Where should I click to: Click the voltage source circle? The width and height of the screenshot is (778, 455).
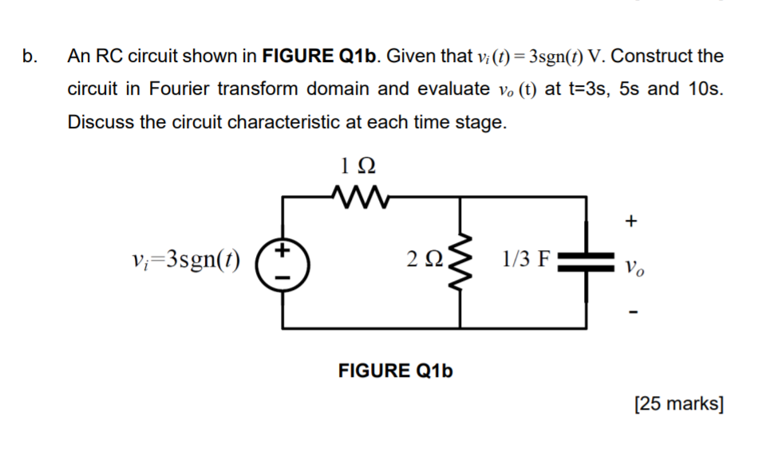click(281, 262)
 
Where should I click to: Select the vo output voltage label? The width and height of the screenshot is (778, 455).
click(633, 265)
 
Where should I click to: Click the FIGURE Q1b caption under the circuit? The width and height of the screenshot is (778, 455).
click(396, 371)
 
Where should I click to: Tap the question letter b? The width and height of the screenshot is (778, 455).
click(29, 57)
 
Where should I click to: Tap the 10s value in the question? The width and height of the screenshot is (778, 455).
click(705, 89)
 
